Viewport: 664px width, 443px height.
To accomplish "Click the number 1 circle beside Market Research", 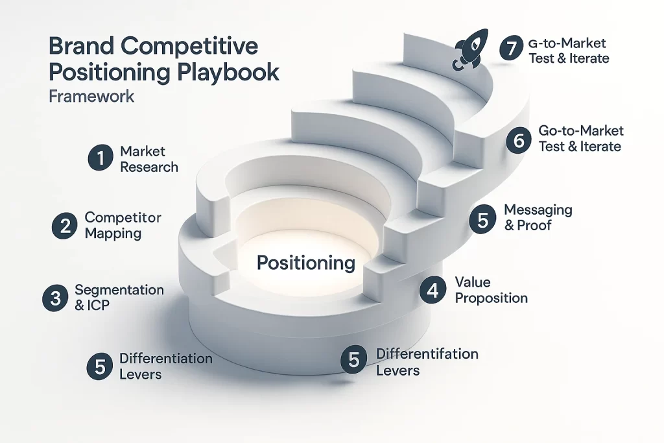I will [x=99, y=158].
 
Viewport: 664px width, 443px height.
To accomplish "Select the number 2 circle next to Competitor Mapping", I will [x=64, y=225].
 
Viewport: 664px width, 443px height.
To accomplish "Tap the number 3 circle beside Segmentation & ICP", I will [x=54, y=298].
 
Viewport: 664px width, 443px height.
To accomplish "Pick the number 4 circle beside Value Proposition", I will [x=433, y=290].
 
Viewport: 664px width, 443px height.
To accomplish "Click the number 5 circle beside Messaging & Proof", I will [x=482, y=219].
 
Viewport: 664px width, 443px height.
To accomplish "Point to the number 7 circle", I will [x=512, y=49].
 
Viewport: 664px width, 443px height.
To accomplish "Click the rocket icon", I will [x=468, y=51].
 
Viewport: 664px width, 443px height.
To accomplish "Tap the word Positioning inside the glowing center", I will [x=306, y=263].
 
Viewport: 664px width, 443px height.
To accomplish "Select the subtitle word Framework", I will [x=91, y=96].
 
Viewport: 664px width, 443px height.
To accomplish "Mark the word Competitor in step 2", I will [x=123, y=217].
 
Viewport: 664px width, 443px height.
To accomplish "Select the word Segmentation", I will [x=119, y=289].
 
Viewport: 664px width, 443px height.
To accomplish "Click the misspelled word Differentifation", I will [x=427, y=354].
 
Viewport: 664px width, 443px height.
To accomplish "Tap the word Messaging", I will [x=538, y=210].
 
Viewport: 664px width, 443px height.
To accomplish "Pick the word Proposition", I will [x=491, y=298].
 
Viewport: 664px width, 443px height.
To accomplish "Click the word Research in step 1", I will [x=148, y=167].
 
